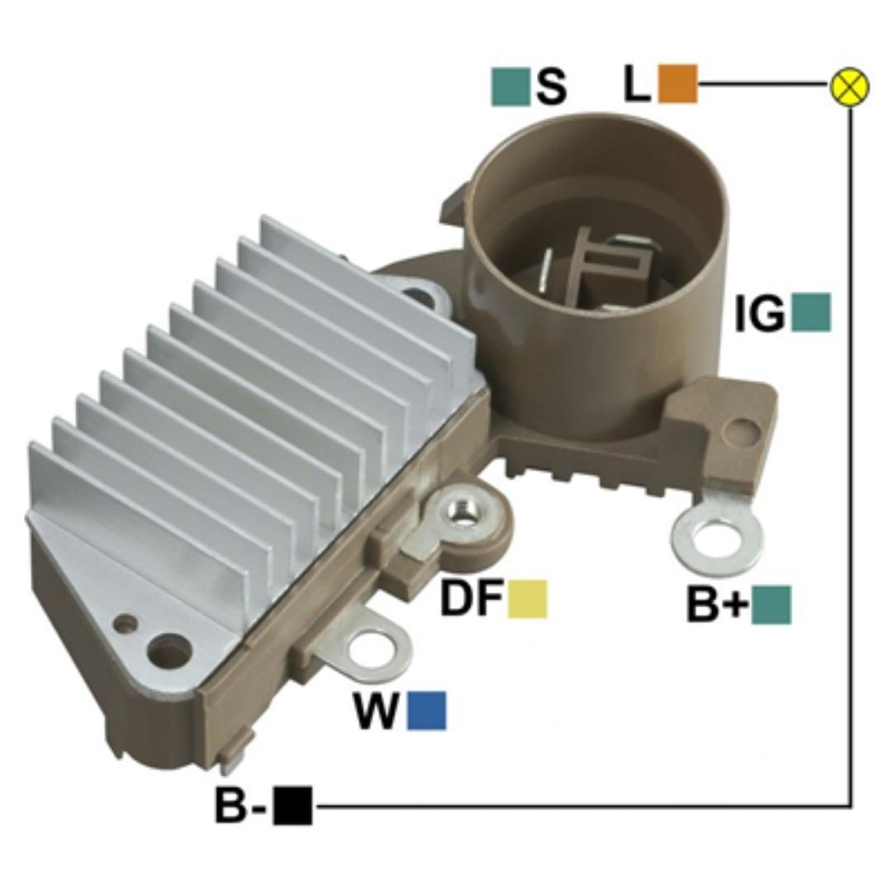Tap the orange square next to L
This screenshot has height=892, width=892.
click(x=677, y=84)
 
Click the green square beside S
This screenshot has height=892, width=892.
click(x=510, y=87)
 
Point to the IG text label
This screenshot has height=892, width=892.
click(x=760, y=312)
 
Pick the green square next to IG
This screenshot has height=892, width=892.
click(x=811, y=312)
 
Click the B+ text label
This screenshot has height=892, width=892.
click(x=718, y=604)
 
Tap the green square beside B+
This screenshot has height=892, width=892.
click(x=771, y=605)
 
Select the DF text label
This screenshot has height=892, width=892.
click(x=472, y=599)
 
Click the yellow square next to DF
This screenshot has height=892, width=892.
click(x=527, y=599)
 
